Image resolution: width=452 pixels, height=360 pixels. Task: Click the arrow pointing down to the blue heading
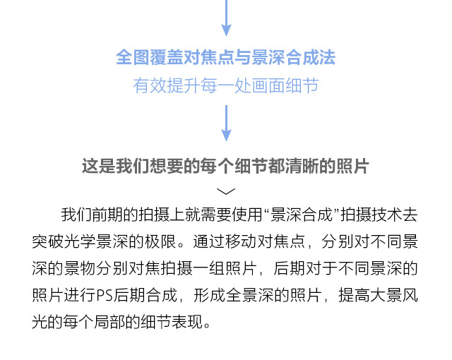[226, 18]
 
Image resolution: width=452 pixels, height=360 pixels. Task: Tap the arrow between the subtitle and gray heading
[226, 124]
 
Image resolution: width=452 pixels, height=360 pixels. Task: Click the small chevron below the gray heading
[226, 191]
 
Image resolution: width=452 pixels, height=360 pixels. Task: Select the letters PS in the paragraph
[105, 295]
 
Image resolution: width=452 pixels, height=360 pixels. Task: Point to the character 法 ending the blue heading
[327, 57]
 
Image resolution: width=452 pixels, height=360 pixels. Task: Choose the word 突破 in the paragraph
[48, 241]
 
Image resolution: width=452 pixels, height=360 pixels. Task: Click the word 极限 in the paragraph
[160, 241]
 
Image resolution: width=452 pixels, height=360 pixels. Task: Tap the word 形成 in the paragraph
[210, 295]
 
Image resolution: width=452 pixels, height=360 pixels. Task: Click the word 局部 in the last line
[109, 322]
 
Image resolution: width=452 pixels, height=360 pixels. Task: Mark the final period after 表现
[207, 326]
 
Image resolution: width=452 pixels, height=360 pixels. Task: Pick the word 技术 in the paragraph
[386, 215]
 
